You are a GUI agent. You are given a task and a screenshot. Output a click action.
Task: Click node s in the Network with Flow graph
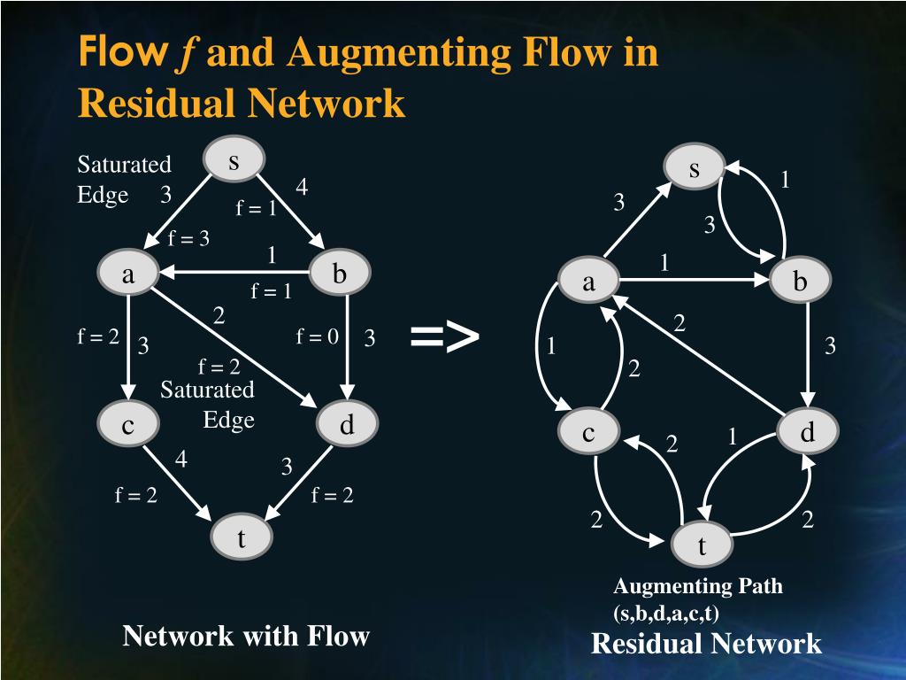pyautogui.click(x=234, y=161)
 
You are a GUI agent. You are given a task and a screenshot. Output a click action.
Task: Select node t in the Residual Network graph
pyautogui.click(x=702, y=546)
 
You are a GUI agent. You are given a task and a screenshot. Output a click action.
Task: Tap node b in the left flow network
pyautogui.click(x=340, y=275)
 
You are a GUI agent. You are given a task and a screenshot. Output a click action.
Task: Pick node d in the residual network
pyautogui.click(x=807, y=432)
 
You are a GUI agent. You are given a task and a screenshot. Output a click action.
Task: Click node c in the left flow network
pyautogui.click(x=128, y=426)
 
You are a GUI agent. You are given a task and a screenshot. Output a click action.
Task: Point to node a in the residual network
pyautogui.click(x=588, y=282)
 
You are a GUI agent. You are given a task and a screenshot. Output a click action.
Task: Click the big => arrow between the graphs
pyautogui.click(x=444, y=336)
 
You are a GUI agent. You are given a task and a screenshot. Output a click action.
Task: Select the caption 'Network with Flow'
pyautogui.click(x=245, y=635)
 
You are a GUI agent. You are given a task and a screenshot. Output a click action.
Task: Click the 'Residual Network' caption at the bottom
pyautogui.click(x=706, y=643)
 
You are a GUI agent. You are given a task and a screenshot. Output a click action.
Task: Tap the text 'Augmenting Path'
pyautogui.click(x=698, y=585)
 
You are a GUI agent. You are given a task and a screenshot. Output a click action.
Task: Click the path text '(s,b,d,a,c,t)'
pyautogui.click(x=665, y=612)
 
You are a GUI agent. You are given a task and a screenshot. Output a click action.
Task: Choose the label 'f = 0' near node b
pyautogui.click(x=318, y=336)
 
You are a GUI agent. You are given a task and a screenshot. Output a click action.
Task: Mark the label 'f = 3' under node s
pyautogui.click(x=189, y=238)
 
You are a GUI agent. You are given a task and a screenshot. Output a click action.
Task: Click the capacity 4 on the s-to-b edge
pyautogui.click(x=302, y=188)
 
